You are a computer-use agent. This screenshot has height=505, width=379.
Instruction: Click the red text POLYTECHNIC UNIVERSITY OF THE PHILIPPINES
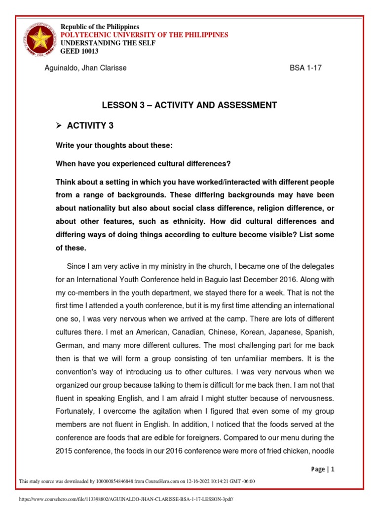[x=144, y=35]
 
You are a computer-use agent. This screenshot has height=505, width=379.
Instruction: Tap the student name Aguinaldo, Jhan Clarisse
[x=86, y=68]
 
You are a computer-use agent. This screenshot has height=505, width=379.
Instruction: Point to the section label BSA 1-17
[x=305, y=68]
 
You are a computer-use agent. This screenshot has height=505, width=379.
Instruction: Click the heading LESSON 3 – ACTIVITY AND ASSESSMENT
[x=189, y=105]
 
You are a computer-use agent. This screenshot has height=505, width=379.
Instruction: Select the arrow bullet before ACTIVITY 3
[x=58, y=126]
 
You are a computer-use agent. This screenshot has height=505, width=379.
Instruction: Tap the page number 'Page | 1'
[x=323, y=469]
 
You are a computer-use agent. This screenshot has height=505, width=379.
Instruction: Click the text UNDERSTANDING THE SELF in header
[x=108, y=43]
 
